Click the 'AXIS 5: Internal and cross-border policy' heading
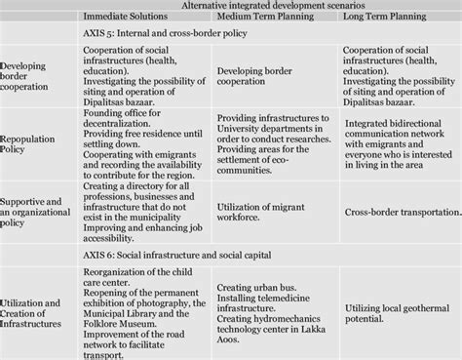pos(166,33)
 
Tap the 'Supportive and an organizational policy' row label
pos(38,209)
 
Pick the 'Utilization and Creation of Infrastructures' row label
pos(38,310)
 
